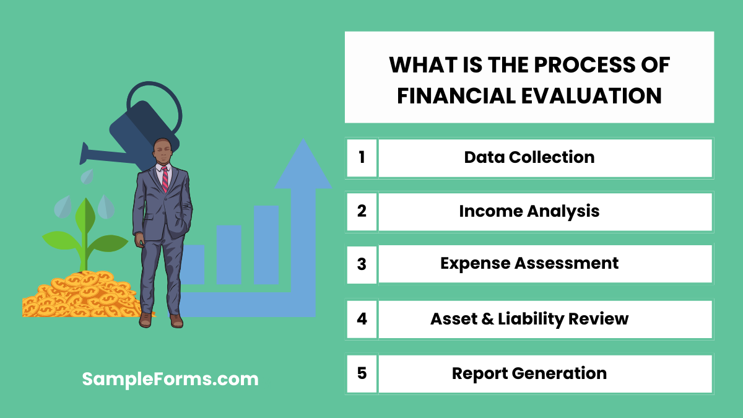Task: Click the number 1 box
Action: coord(362,157)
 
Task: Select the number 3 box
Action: coord(362,264)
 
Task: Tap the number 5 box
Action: coord(362,373)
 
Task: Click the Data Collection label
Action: coord(529,157)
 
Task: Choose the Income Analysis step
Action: coord(529,211)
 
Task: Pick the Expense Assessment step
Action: coord(529,264)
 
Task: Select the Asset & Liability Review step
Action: coord(529,320)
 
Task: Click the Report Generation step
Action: coord(529,373)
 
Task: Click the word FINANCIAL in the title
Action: coord(451,96)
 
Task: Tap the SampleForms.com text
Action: coord(170,379)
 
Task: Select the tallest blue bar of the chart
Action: coord(266,245)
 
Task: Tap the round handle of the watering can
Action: coord(155,108)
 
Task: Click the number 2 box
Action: coord(362,211)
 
